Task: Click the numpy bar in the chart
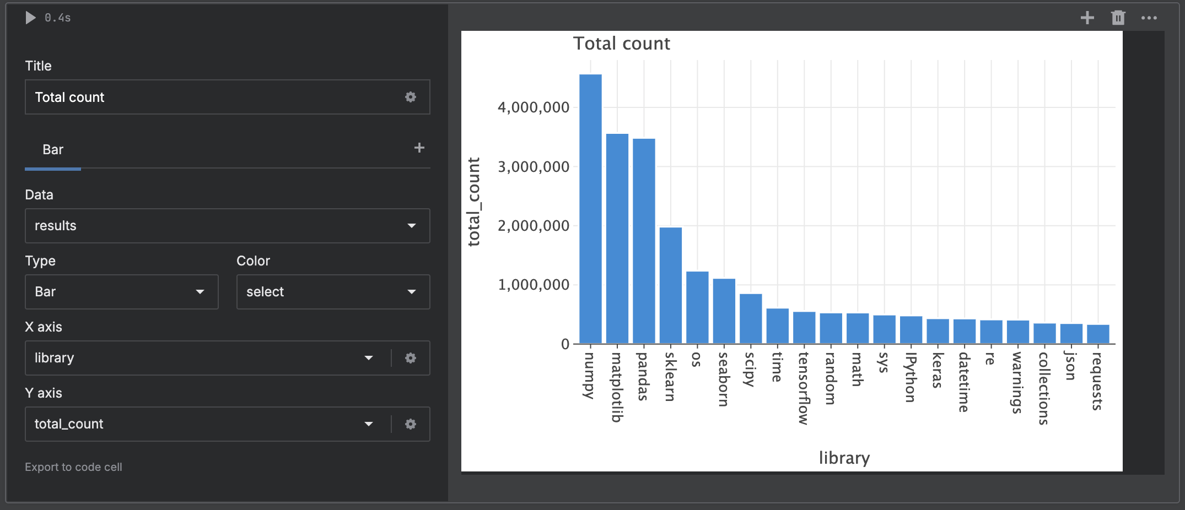[590, 209]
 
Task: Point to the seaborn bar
[724, 311]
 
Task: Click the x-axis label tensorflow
[804, 388]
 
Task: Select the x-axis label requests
[1097, 381]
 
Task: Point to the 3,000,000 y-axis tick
[533, 167]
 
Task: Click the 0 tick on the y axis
[565, 344]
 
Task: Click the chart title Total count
[621, 44]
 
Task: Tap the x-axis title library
[844, 458]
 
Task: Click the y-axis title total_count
[474, 202]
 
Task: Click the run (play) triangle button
[30, 18]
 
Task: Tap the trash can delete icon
[1118, 18]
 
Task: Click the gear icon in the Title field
[411, 97]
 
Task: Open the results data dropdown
[227, 226]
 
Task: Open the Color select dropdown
[333, 292]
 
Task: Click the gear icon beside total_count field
[411, 424]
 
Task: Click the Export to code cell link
[73, 467]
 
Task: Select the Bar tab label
[53, 150]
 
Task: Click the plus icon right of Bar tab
[419, 148]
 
